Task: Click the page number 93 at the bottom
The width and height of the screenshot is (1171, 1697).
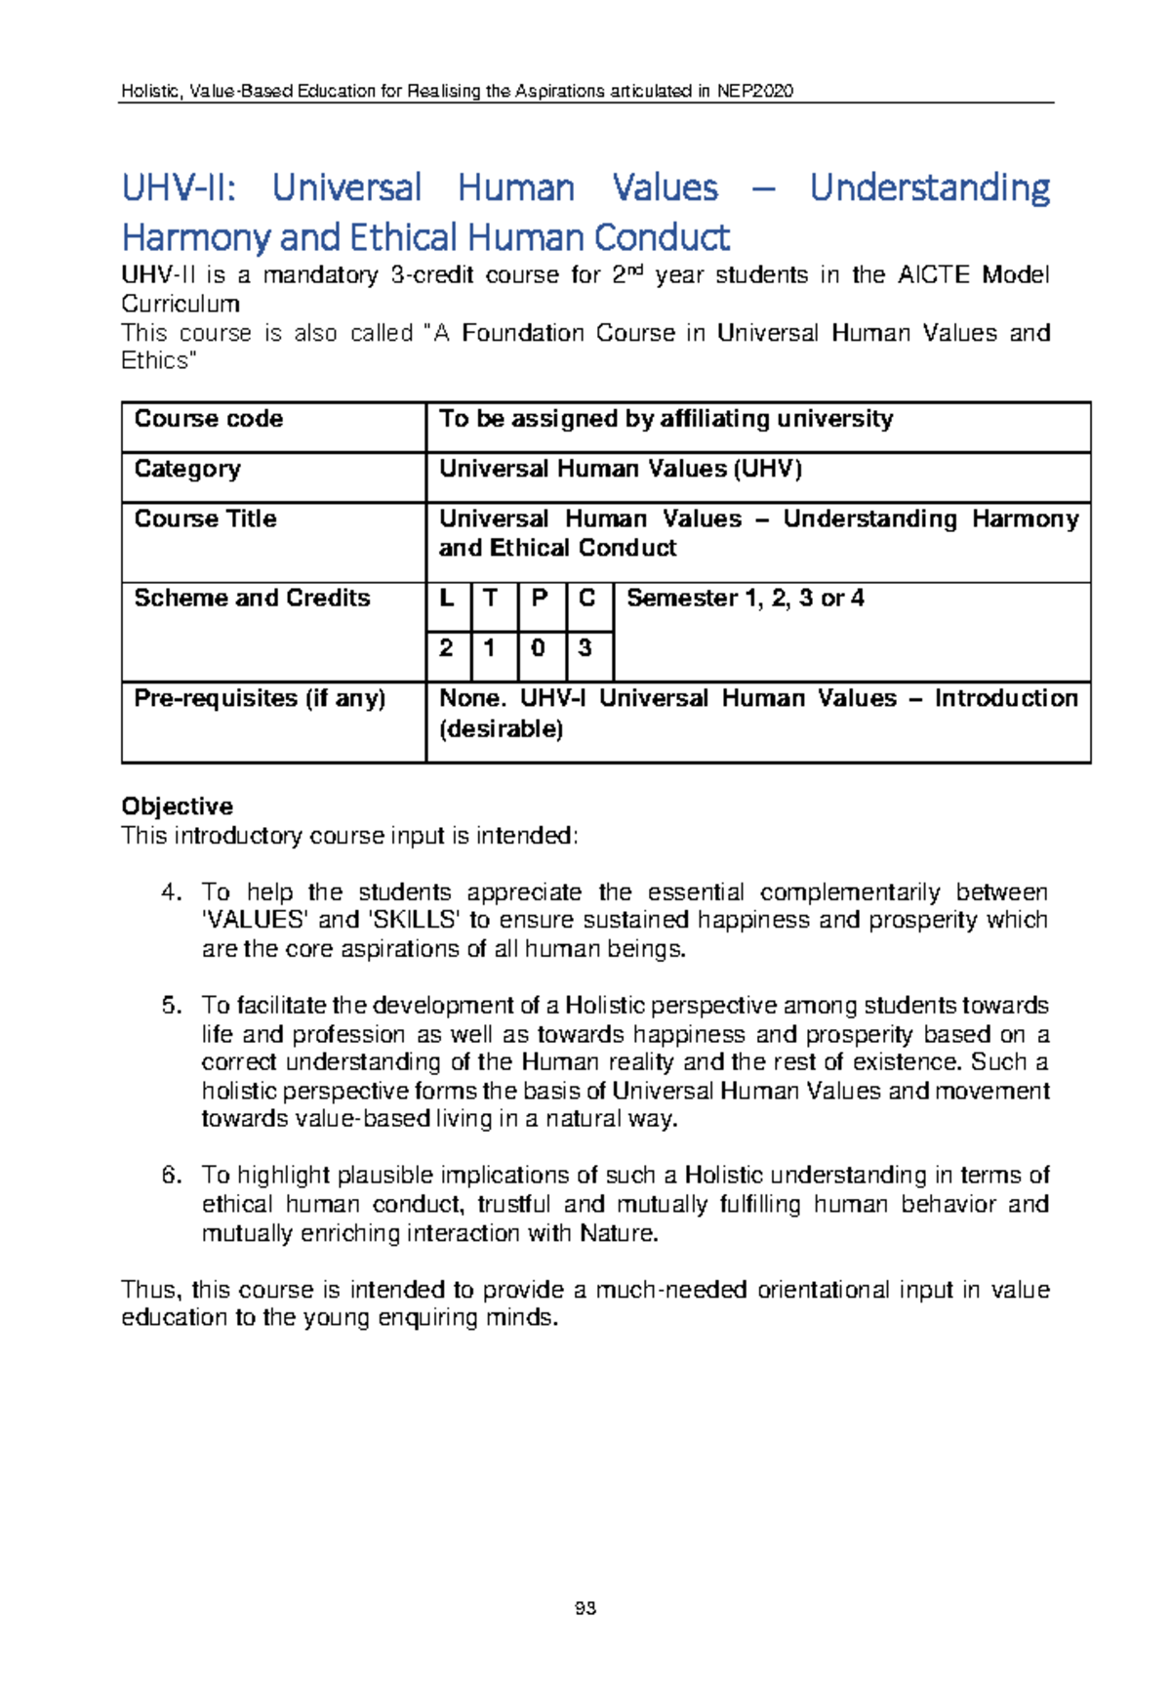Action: (x=585, y=1608)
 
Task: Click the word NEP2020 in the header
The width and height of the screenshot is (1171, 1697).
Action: (x=754, y=91)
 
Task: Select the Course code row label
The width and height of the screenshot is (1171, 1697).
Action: (x=209, y=419)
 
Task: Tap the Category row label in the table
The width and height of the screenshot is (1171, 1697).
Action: (x=187, y=469)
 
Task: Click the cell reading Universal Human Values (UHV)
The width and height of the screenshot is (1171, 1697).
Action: (x=621, y=469)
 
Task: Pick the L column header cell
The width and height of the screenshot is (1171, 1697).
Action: (x=447, y=598)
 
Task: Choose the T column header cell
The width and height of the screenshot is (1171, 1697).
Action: (x=492, y=598)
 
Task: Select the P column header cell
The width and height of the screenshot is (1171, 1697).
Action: (x=539, y=598)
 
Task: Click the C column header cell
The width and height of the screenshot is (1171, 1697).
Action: (x=586, y=598)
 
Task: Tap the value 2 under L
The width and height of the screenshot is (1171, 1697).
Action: (x=447, y=647)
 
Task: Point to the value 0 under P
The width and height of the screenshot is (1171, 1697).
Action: (x=539, y=647)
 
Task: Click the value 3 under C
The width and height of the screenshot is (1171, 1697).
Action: (x=585, y=647)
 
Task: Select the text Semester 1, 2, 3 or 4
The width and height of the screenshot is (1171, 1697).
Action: (x=746, y=598)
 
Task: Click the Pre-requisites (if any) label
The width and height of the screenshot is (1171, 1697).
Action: (x=260, y=698)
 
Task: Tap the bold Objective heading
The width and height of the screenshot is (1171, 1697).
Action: (x=177, y=807)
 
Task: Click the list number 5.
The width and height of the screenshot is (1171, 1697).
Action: (x=172, y=1006)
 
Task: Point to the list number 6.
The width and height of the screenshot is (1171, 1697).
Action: (x=172, y=1175)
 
